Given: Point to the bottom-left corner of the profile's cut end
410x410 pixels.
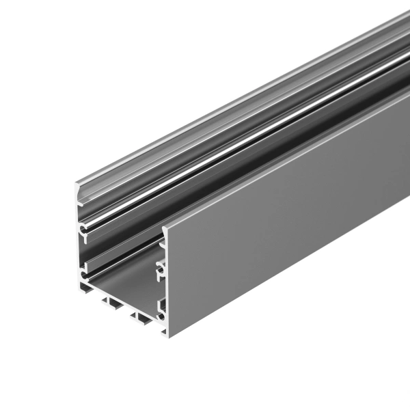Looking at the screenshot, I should (79, 289).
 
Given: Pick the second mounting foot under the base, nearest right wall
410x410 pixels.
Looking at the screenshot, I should (141, 316).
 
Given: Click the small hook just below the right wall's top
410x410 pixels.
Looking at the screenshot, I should (162, 241).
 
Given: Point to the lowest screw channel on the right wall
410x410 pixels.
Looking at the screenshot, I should (161, 307).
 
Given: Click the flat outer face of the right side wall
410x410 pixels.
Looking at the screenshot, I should (287, 225).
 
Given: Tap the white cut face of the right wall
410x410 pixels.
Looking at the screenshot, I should (165, 287).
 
